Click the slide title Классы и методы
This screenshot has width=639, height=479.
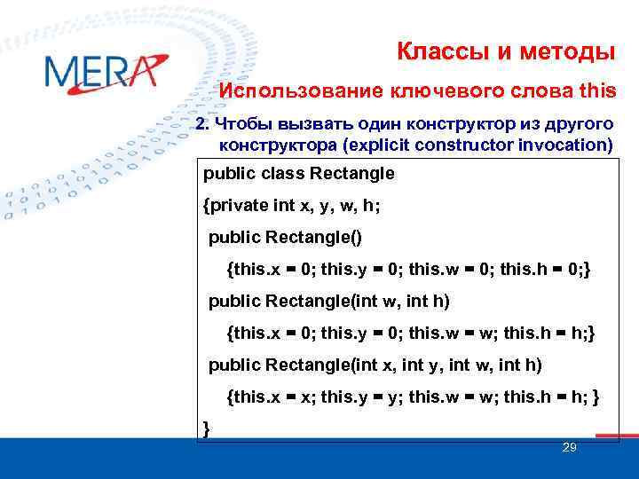point(506,52)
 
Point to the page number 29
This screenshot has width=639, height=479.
point(570,448)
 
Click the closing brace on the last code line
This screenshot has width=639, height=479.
point(207,429)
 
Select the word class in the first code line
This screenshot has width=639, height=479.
point(277,174)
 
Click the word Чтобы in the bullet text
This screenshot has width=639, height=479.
point(245,122)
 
